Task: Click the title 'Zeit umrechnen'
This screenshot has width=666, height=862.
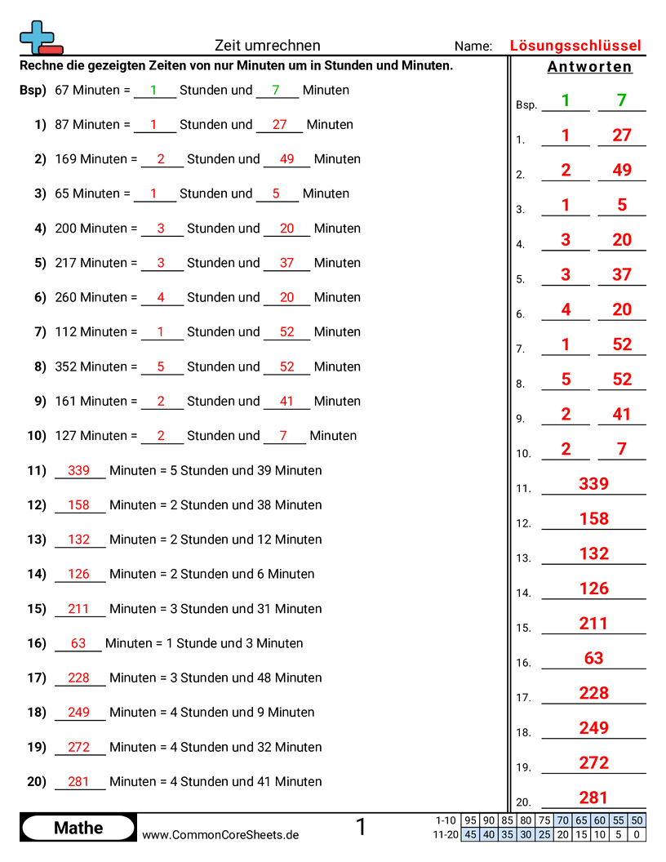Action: [x=267, y=46]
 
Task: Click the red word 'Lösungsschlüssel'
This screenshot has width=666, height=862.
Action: [x=575, y=46]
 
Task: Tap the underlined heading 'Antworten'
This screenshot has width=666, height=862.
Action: [x=589, y=67]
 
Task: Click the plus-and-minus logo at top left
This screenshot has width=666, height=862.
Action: [x=40, y=38]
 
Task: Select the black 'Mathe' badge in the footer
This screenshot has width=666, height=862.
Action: [x=78, y=828]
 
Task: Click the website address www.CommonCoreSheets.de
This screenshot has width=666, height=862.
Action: [x=220, y=834]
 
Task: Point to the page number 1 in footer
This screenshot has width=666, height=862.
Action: [x=361, y=828]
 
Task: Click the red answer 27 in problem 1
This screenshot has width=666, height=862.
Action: [x=280, y=125]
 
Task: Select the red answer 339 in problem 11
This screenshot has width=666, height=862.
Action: [x=79, y=470]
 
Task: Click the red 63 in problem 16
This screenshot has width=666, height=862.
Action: [x=78, y=643]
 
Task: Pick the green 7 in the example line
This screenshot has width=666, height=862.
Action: [x=276, y=91]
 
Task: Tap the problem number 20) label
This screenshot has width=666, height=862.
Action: [x=37, y=781]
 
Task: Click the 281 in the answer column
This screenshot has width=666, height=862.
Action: [x=593, y=798]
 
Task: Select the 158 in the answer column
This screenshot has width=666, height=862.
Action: [x=593, y=518]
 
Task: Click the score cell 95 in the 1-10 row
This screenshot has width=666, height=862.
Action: [x=470, y=820]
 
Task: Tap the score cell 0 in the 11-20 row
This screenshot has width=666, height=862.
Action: [x=637, y=834]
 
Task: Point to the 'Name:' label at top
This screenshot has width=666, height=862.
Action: [x=473, y=47]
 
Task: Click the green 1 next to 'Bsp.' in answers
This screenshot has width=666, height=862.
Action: [x=565, y=100]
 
